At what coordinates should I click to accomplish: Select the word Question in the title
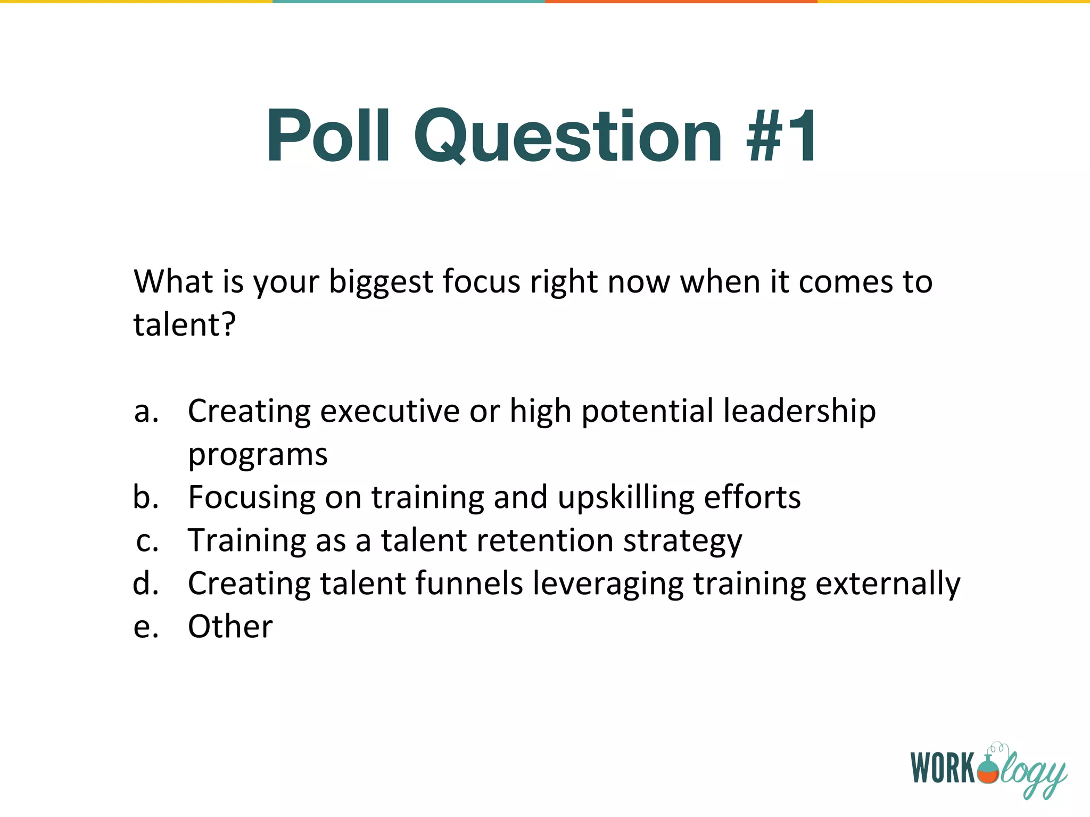[x=568, y=136]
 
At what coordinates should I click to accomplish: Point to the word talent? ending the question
[x=184, y=324]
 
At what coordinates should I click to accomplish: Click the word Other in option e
[x=230, y=627]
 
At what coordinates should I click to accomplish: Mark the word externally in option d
[x=888, y=583]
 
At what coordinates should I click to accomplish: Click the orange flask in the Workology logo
[x=989, y=771]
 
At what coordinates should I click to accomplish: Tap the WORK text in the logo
[x=942, y=768]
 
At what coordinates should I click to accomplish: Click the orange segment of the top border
[x=681, y=2]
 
